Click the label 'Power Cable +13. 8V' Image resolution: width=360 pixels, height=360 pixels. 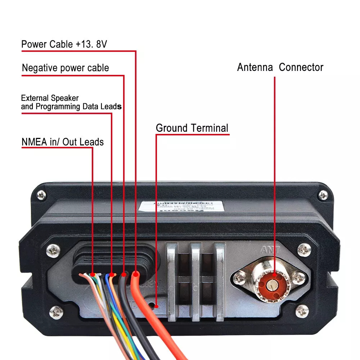coord(64,44)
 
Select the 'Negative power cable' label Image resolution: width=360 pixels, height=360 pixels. coord(65,68)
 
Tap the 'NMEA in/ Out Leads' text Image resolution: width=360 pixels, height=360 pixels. coord(62,142)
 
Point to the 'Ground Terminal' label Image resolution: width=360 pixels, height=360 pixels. coord(192,128)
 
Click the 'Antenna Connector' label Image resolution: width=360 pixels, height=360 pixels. coord(280,67)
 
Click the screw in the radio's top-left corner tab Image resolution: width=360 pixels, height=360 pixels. coord(41,195)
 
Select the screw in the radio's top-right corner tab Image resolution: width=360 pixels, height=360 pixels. coord(323,195)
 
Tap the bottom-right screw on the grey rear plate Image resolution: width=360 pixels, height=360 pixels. coord(302,310)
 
